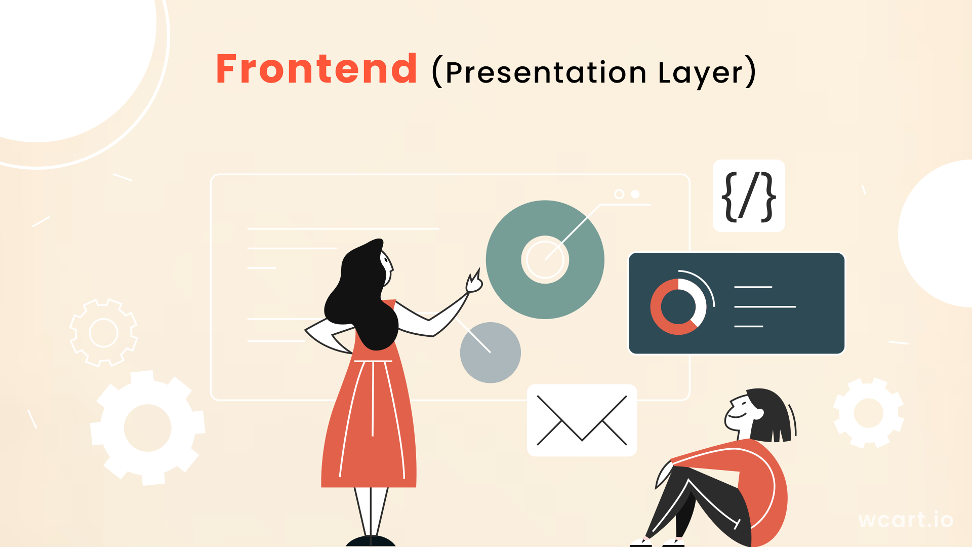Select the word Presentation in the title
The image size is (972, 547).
(x=546, y=72)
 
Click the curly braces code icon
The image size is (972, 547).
(x=749, y=196)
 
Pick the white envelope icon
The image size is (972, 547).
(x=582, y=420)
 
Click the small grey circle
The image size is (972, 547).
(x=490, y=353)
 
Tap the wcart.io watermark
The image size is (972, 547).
(x=906, y=520)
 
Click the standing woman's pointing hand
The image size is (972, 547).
(x=474, y=283)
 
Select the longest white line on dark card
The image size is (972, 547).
(x=764, y=307)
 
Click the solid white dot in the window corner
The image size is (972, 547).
(x=635, y=194)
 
